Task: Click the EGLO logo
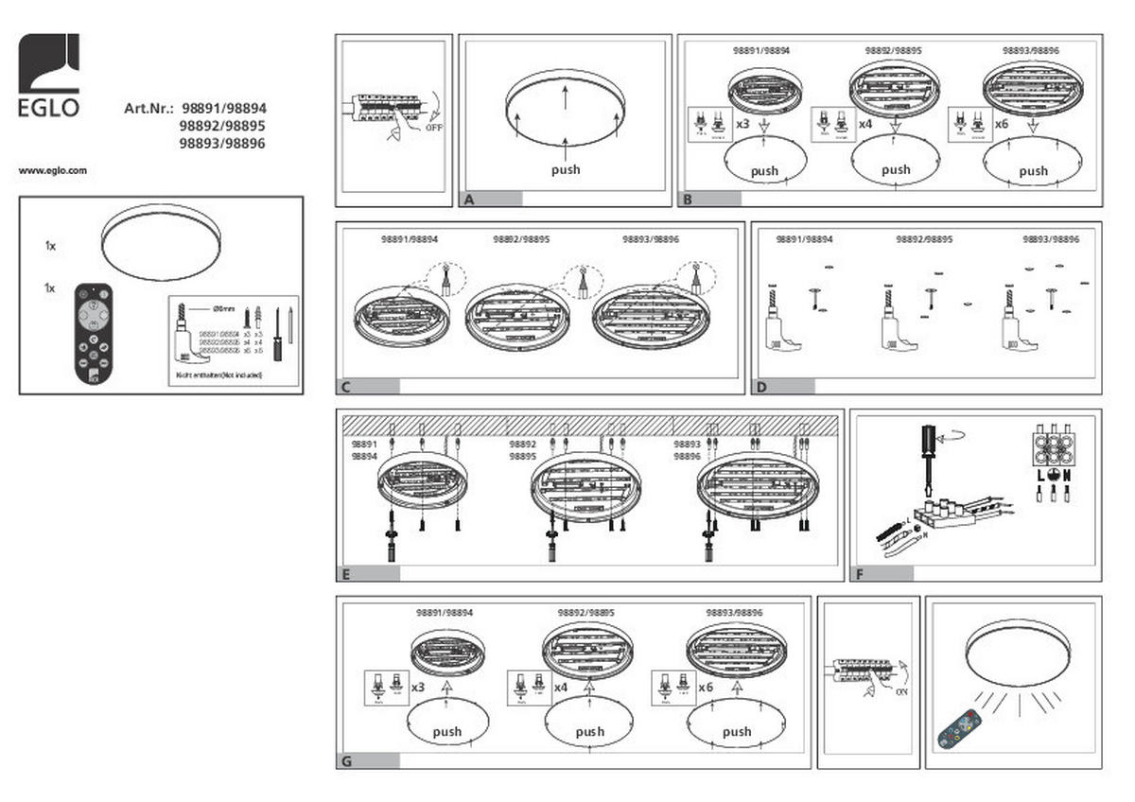49,75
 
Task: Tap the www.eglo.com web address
53,171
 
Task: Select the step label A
468,200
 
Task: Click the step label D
761,387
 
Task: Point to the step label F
860,573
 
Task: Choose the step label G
346,760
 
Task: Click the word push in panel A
566,170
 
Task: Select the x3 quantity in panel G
418,686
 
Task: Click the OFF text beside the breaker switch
433,126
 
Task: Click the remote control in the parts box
94,334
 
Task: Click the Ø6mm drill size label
224,308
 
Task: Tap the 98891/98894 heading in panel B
761,49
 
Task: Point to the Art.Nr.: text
148,109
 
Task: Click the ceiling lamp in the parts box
161,245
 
